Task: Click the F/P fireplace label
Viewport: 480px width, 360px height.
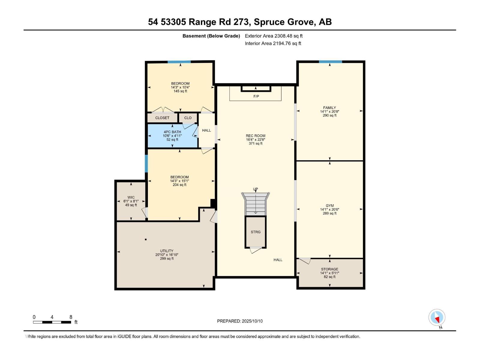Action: [x=256, y=96]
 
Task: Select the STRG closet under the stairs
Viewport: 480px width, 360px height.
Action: [x=256, y=232]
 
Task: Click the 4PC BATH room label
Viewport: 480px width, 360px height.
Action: [x=172, y=132]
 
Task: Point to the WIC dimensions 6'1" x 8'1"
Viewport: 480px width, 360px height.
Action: [x=131, y=201]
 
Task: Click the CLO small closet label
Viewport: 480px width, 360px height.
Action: [x=188, y=118]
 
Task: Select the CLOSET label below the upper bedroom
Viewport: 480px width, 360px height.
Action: [x=162, y=118]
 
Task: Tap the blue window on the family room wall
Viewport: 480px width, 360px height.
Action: [x=330, y=62]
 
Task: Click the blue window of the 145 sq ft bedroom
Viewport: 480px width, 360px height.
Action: [x=179, y=62]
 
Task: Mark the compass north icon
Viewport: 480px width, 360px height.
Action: [x=437, y=318]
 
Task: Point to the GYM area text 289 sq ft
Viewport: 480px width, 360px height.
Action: [x=329, y=213]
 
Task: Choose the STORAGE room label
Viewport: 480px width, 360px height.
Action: [x=329, y=269]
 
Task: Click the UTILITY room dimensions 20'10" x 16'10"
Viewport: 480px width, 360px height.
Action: [x=166, y=255]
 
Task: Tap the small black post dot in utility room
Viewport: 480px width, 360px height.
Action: [x=146, y=239]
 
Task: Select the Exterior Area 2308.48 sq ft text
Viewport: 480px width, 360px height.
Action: [x=274, y=36]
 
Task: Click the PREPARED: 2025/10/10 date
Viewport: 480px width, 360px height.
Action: [x=240, y=321]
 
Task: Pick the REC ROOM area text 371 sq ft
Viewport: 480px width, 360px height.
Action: [x=255, y=143]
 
